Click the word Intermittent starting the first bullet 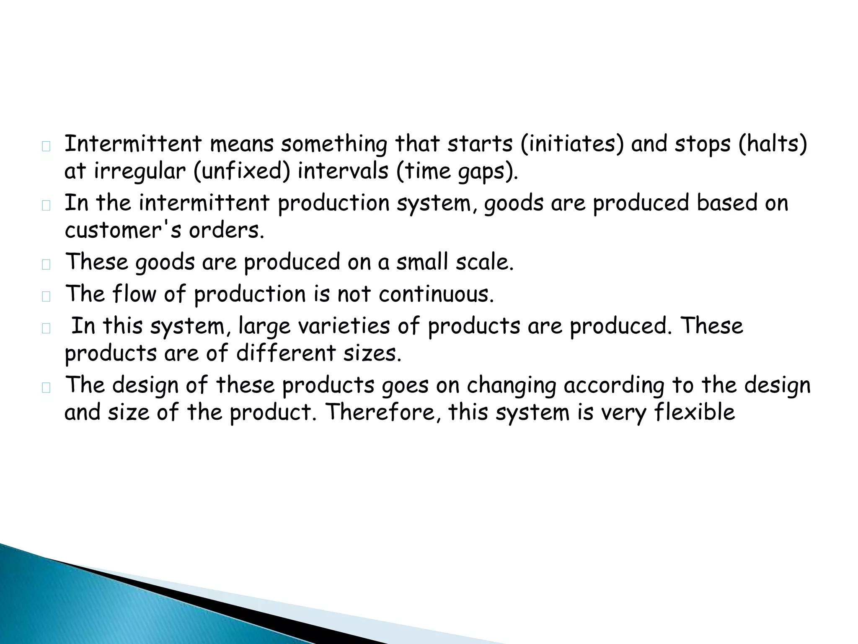click(133, 144)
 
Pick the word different click(286, 353)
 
